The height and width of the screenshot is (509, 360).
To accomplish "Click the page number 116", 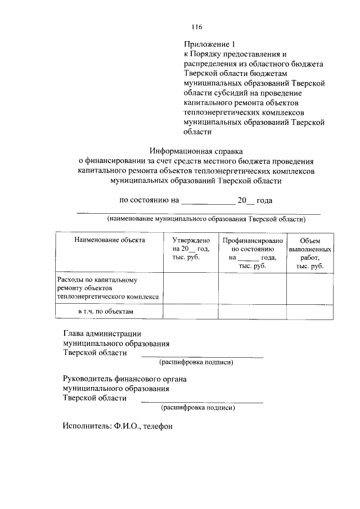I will (196, 27).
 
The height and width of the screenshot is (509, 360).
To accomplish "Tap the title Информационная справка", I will (196, 150).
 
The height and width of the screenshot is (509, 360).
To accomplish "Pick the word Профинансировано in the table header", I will (252, 240).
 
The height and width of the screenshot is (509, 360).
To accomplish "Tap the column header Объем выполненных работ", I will (309, 253).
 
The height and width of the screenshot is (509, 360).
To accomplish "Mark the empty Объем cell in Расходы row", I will (309, 288).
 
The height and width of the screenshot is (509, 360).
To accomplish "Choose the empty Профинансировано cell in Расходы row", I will (252, 288).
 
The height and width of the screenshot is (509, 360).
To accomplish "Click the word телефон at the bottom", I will (157, 426).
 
